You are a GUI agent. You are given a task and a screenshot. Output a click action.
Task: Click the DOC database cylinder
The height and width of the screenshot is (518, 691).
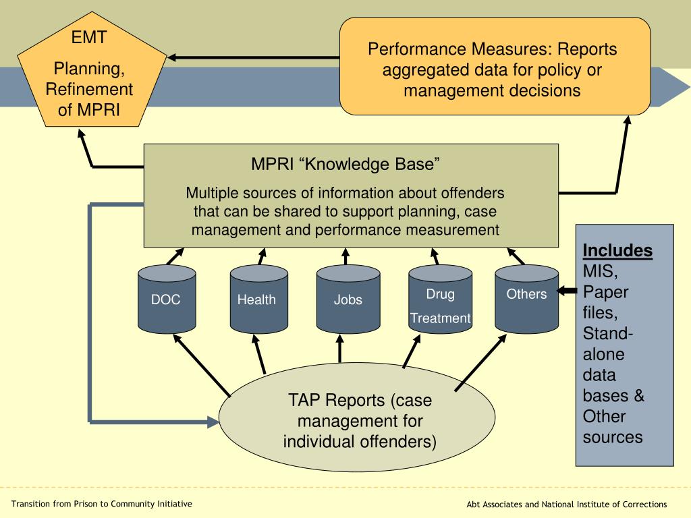tap(167, 299)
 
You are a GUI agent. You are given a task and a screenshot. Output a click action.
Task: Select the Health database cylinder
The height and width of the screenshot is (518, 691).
tap(258, 299)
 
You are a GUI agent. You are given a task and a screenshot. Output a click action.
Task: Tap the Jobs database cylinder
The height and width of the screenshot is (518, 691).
tap(348, 299)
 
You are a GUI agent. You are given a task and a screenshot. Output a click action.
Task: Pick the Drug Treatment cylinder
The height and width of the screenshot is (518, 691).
tap(440, 299)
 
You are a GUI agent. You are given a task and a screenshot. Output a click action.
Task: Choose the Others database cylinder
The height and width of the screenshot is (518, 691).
tap(526, 299)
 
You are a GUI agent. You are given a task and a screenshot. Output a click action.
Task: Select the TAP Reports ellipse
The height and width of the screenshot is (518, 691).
tap(357, 417)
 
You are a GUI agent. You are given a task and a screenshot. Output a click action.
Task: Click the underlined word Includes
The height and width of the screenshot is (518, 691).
tap(617, 250)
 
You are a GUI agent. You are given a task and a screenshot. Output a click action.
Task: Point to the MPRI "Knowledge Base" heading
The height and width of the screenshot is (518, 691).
tap(345, 164)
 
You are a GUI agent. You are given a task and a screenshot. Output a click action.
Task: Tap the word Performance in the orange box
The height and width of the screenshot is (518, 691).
tap(416, 49)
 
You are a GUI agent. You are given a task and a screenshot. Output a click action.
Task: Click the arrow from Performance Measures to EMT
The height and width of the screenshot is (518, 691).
tap(254, 57)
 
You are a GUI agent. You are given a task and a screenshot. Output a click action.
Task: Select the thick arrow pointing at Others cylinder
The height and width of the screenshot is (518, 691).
tap(567, 291)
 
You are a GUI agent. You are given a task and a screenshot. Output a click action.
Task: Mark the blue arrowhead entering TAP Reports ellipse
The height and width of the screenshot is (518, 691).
tap(213, 422)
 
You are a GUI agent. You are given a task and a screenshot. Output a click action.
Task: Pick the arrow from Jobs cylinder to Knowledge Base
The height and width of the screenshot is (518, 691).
tap(345, 256)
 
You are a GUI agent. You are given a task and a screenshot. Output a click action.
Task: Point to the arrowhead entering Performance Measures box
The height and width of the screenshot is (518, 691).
tap(628, 120)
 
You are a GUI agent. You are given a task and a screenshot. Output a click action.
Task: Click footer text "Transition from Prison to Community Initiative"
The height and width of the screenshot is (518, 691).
tap(102, 504)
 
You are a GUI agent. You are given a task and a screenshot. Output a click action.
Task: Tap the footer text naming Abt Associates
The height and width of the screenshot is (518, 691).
tap(567, 505)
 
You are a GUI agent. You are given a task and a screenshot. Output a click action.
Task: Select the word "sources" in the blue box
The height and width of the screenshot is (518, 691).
tap(613, 437)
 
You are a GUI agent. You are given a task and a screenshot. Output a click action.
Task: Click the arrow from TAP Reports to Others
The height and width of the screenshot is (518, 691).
tap(480, 362)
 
